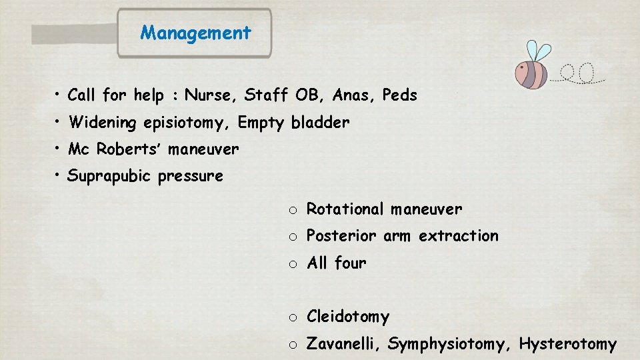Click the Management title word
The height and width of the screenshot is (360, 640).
point(195,33)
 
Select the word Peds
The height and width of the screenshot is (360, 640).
point(399,95)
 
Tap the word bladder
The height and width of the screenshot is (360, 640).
point(320,123)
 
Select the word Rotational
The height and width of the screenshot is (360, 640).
point(345,209)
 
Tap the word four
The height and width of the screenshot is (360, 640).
point(350,263)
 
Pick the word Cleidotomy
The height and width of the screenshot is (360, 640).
point(347,317)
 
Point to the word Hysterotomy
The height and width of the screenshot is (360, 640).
point(567,344)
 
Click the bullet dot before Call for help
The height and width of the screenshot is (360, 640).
point(59,93)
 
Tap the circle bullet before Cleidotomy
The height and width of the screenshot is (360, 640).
point(293,317)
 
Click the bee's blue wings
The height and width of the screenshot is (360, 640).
point(538,52)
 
